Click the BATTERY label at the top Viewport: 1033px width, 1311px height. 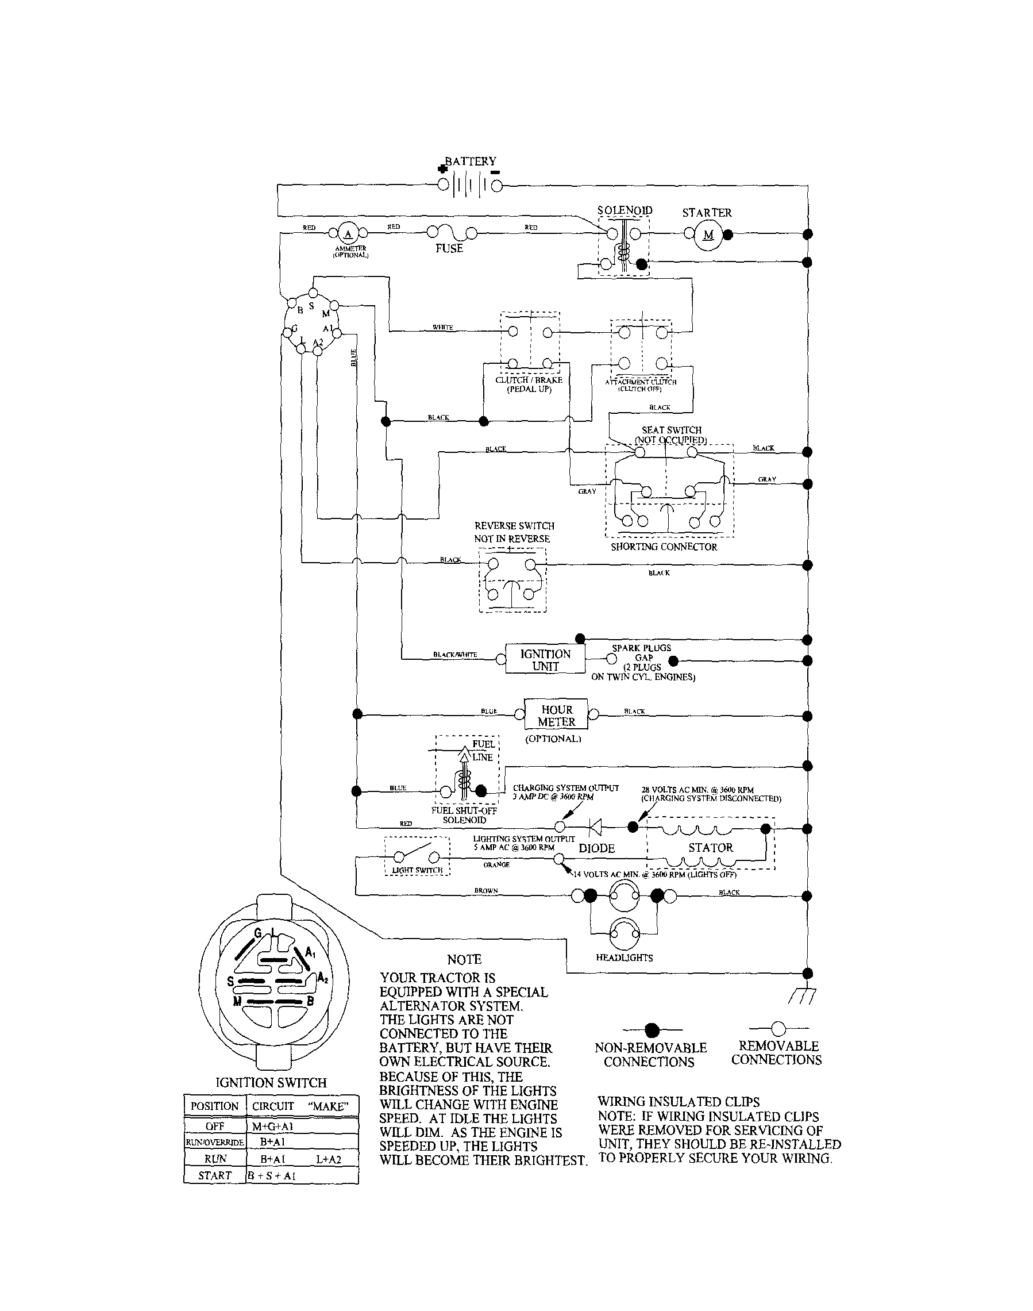471,162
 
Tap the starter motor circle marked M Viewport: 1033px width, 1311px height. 708,235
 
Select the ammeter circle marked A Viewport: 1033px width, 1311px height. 348,233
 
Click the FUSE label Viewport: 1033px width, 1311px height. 449,248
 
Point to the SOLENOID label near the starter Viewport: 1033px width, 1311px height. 624,210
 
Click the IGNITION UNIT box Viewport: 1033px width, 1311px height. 545,659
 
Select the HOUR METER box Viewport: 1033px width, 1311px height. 556,715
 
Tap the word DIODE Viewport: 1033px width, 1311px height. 596,848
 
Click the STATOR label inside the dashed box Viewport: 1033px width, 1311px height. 710,848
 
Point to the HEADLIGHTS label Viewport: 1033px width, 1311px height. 624,958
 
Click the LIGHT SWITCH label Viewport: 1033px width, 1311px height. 417,870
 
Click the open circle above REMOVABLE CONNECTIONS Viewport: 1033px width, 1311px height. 778,1028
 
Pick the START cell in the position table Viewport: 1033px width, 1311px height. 215,1175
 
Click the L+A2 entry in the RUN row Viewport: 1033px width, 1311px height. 329,1159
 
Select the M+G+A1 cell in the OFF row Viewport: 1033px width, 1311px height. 272,1127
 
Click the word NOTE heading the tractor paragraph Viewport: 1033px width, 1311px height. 464,959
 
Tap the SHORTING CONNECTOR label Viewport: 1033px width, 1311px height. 664,547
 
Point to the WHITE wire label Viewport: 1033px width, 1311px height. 443,327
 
